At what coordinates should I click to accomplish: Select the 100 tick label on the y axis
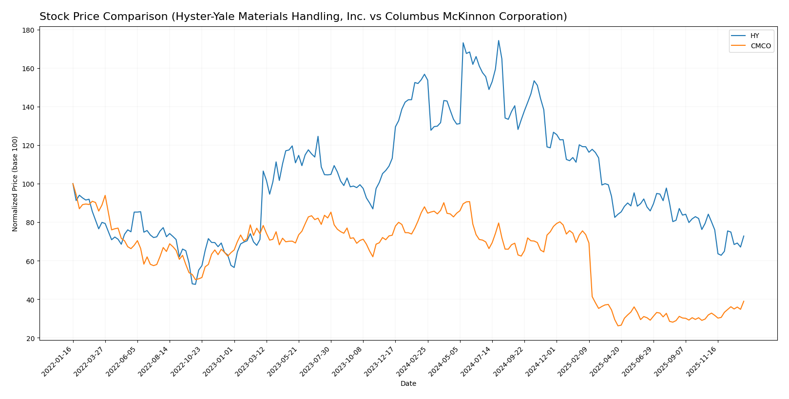coord(28,184)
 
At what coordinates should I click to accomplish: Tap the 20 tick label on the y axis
coord(30,338)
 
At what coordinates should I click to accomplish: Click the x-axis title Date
coord(408,384)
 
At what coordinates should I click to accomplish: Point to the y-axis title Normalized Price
coord(15,184)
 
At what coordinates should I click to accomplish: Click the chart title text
coord(303,17)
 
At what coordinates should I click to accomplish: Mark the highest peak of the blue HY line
coord(499,40)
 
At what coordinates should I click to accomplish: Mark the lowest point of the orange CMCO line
coord(618,325)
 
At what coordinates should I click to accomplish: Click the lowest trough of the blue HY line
coord(195,285)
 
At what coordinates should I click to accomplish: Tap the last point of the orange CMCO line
coord(744,301)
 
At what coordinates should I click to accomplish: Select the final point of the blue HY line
coord(744,236)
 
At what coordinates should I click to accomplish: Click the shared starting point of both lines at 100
coord(73,184)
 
